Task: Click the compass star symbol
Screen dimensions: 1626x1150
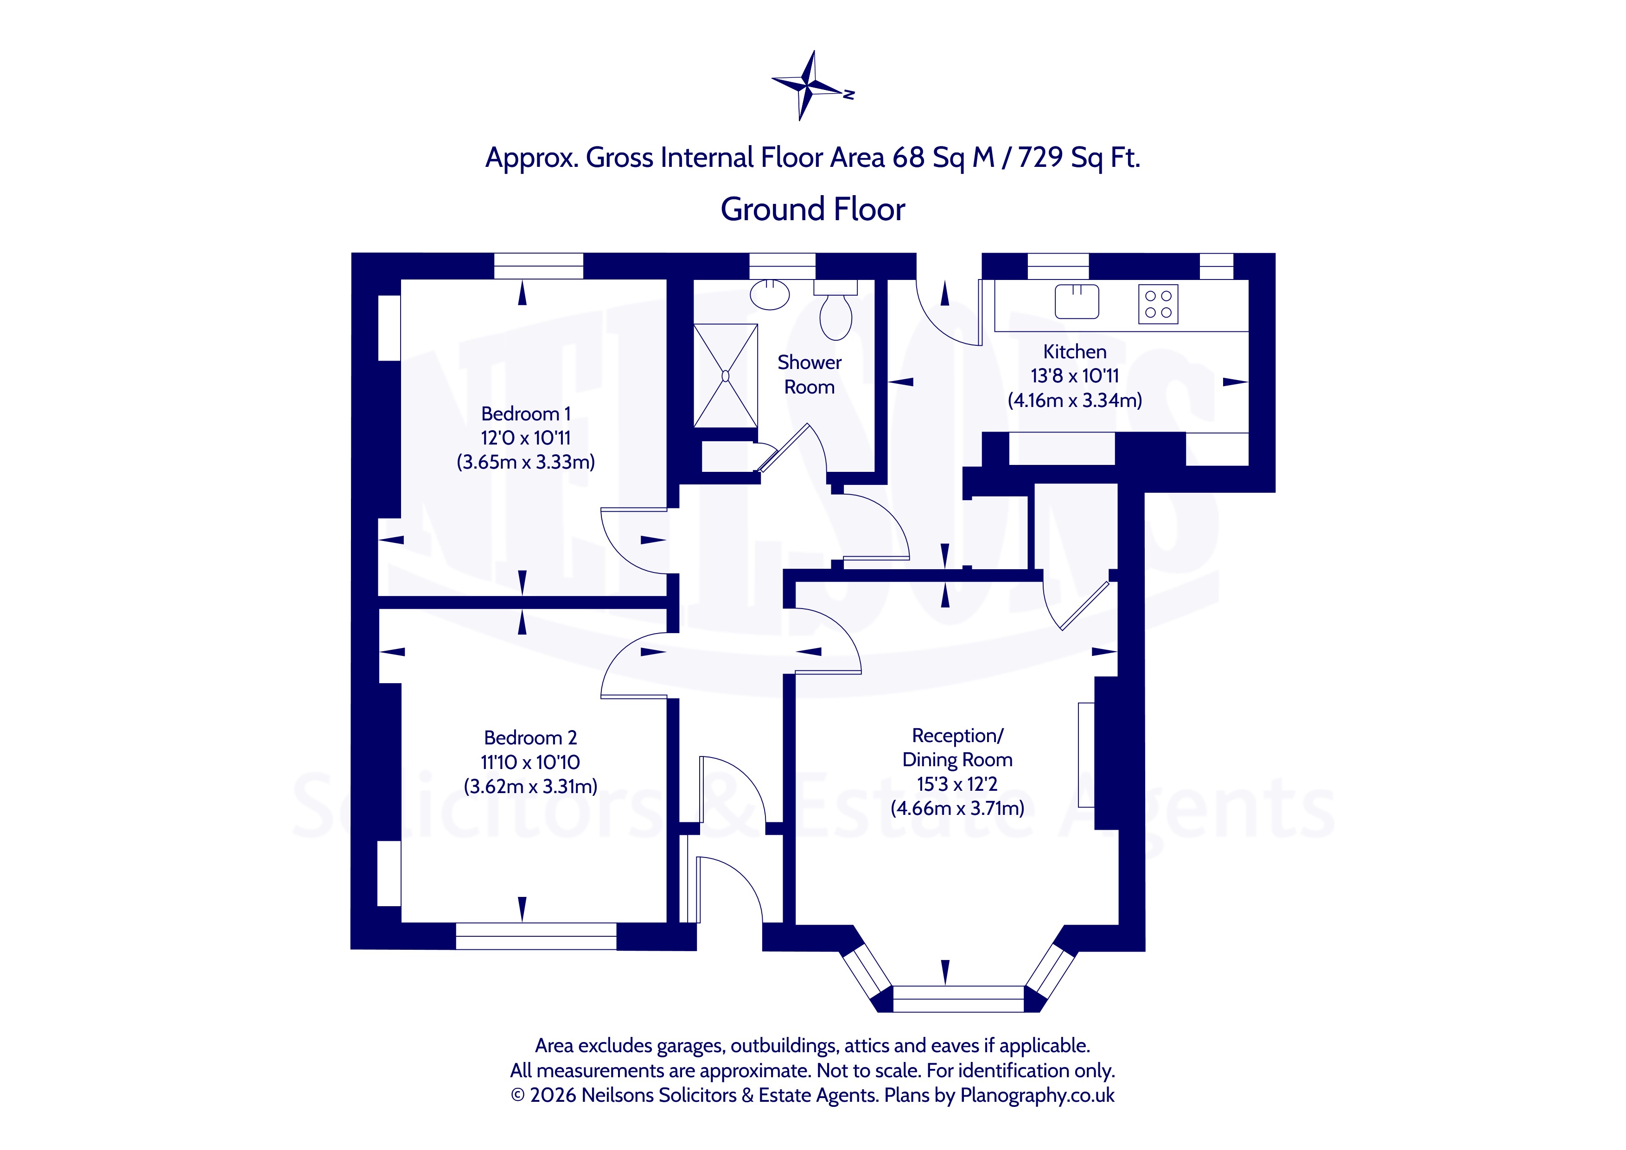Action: pyautogui.click(x=807, y=86)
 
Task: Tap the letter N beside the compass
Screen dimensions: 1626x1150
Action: pyautogui.click(x=848, y=94)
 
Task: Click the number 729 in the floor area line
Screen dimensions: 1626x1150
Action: pyautogui.click(x=1040, y=157)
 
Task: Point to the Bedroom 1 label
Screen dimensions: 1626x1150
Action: pyautogui.click(x=525, y=413)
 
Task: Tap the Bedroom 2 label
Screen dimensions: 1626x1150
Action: pyautogui.click(x=530, y=738)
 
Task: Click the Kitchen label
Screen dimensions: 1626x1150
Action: pyautogui.click(x=1074, y=352)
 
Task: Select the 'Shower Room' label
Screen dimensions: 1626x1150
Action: pyautogui.click(x=810, y=375)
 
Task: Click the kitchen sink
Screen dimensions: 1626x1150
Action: pyautogui.click(x=1077, y=302)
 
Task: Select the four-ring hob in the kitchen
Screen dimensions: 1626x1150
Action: pyautogui.click(x=1158, y=305)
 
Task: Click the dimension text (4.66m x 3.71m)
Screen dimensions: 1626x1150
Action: pyautogui.click(x=957, y=809)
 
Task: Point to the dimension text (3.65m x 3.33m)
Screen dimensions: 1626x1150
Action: pyautogui.click(x=525, y=463)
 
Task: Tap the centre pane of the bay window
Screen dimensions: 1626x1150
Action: pyautogui.click(x=958, y=998)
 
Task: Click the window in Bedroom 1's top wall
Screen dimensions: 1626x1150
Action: pyautogui.click(x=538, y=266)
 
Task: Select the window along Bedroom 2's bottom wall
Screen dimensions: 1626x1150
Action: pyautogui.click(x=536, y=936)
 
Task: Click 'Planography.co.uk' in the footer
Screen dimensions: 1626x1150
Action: pyautogui.click(x=1037, y=1095)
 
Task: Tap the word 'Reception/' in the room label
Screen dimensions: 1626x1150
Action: pyautogui.click(x=957, y=736)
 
